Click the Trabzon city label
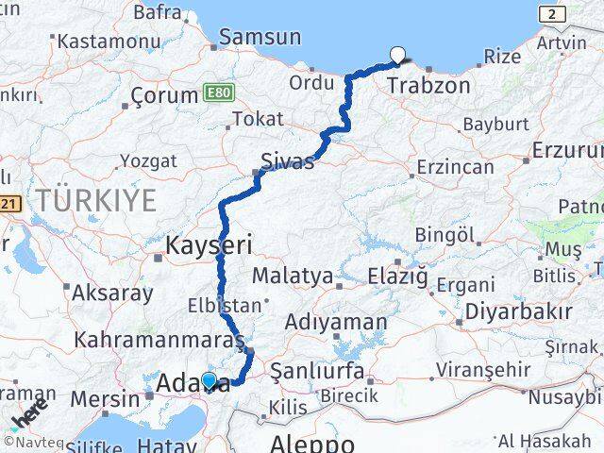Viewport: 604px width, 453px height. [x=428, y=86]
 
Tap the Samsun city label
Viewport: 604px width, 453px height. [x=260, y=38]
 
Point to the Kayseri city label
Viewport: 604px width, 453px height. [x=209, y=246]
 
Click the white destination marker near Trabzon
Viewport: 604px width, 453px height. [x=397, y=56]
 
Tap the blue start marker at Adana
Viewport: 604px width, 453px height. [x=210, y=381]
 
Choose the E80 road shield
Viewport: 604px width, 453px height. [x=217, y=93]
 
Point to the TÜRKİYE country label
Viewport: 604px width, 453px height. [x=95, y=199]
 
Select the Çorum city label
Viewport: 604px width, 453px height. [x=162, y=96]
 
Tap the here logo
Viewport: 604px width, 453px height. [x=28, y=411]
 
